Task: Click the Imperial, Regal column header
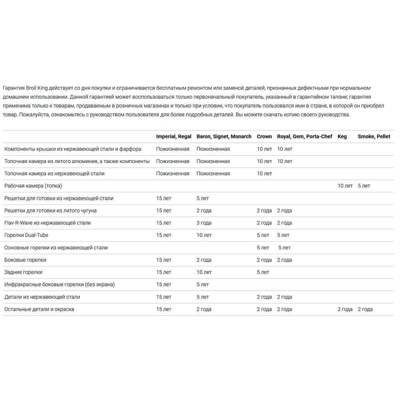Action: point(174,136)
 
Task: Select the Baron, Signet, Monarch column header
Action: point(224,136)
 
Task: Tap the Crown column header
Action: point(264,136)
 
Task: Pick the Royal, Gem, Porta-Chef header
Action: point(304,136)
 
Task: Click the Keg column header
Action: point(342,136)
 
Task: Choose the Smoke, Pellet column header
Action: point(374,136)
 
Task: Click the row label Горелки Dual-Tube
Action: point(26,235)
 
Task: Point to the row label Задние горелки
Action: point(23,272)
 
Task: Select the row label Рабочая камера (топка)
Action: point(33,186)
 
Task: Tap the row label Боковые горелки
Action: point(25,260)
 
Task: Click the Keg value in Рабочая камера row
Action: point(345,186)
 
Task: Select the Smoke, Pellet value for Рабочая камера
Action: point(364,186)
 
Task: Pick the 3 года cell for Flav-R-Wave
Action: point(204,223)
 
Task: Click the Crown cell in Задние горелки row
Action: point(263,272)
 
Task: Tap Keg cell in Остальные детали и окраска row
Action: point(345,309)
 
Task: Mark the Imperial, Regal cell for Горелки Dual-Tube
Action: point(164,235)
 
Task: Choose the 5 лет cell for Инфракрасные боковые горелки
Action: point(202,285)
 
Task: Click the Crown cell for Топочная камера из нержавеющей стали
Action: point(264,174)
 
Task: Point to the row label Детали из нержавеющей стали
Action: point(42,297)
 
